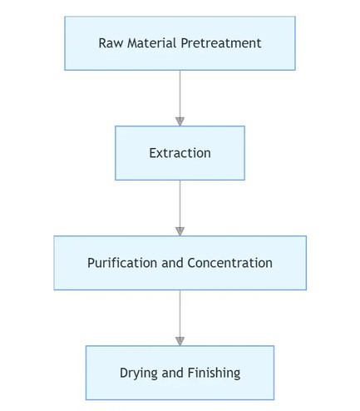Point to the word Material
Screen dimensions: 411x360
[152, 43]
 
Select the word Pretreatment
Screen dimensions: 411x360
[220, 43]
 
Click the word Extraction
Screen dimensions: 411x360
[180, 153]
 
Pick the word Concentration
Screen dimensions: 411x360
[230, 263]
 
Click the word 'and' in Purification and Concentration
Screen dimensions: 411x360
[173, 263]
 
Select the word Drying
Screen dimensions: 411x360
[139, 373]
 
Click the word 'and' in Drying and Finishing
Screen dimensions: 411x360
[174, 373]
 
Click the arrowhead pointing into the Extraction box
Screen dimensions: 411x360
[180, 121]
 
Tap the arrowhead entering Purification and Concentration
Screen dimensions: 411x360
[180, 231]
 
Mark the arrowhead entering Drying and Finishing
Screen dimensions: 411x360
[180, 341]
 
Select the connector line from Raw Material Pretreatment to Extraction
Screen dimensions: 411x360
[180, 93]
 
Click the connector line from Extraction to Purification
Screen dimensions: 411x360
[180, 203]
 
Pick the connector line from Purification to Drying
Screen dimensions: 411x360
[180, 313]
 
